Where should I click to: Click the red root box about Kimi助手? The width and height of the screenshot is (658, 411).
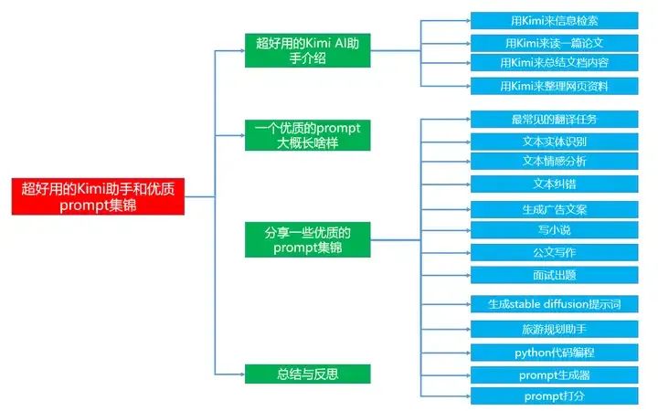coord(104,195)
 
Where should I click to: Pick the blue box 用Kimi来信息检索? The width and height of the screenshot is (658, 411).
coord(555,20)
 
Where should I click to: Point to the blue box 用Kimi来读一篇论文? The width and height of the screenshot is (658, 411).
coord(555,42)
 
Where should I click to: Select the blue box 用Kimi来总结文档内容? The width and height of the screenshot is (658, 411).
coord(555,63)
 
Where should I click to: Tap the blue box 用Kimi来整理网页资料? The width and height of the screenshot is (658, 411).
coord(555,86)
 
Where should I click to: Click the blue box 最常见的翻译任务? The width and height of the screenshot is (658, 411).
coord(555,120)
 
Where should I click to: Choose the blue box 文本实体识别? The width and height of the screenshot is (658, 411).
coord(555,142)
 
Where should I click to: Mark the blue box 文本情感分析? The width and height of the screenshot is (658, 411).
coord(555,162)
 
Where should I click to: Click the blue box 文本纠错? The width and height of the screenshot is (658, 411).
coord(555,184)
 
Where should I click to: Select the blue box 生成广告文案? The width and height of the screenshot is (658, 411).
coord(555,209)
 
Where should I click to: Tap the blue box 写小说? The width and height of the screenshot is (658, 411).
coord(555,230)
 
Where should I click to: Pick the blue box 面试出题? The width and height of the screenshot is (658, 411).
coord(555,274)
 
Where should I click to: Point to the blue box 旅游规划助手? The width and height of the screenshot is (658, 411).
coord(555,328)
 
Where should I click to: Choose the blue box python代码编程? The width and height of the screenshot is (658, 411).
coord(555,352)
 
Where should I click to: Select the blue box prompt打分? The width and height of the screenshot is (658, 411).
coord(555,395)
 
